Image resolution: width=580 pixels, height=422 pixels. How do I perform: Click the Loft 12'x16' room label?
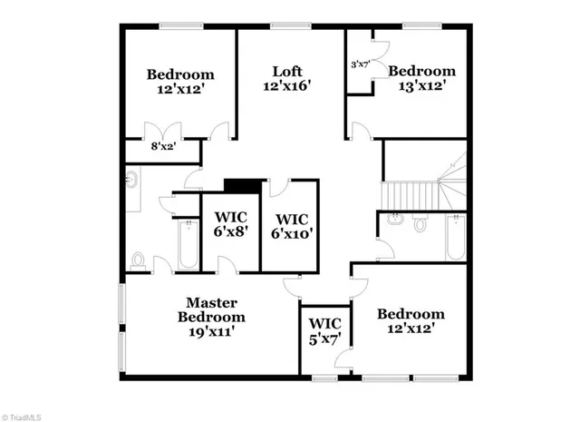coord(287,79)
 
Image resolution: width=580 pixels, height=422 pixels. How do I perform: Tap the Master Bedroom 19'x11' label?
coord(211,317)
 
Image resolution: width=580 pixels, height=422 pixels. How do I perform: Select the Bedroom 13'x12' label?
coord(421,78)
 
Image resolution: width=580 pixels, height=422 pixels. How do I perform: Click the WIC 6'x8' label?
coord(230,224)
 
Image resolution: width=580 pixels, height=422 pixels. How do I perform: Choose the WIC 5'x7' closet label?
coord(324,331)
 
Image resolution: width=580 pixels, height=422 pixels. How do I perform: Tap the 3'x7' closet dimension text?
coord(361,64)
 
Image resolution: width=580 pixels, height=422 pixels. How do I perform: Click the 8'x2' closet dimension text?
coord(164,146)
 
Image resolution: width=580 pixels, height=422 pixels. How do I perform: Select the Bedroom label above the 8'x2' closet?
coord(180,82)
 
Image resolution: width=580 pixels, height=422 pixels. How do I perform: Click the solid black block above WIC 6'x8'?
coord(241,185)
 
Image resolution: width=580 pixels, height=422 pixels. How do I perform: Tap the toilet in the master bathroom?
coord(138,260)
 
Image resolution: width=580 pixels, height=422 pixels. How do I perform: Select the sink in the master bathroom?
coord(131,180)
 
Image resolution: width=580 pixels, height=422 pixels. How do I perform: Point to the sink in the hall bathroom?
coord(395,219)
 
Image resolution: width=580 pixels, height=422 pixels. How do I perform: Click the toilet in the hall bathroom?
coord(420,222)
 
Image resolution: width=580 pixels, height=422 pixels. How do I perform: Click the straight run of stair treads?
coord(409,193)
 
